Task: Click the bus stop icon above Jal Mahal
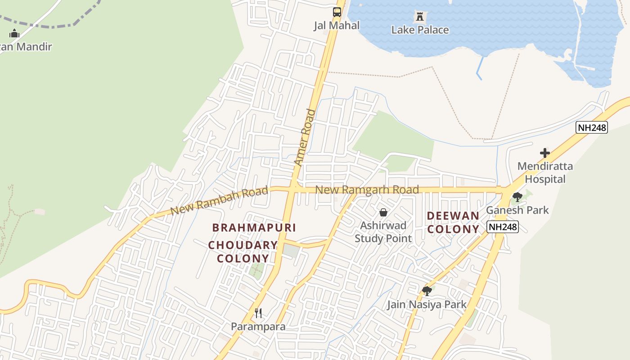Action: click(337, 12)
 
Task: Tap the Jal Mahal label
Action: click(337, 26)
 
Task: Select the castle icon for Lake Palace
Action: click(420, 17)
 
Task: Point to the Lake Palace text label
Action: click(420, 30)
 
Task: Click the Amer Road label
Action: click(305, 137)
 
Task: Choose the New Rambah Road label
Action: click(219, 201)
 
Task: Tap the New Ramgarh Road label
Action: click(367, 190)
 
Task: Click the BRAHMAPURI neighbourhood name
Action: click(254, 228)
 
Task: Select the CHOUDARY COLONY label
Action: click(243, 252)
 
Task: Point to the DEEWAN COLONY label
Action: click(453, 223)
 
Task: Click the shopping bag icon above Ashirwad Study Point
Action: click(383, 212)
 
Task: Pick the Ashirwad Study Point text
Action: click(383, 232)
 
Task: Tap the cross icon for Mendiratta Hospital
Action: click(545, 153)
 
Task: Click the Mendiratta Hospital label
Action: click(545, 173)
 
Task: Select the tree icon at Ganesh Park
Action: click(517, 197)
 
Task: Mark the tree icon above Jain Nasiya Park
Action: click(427, 291)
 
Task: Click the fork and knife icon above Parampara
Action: click(258, 313)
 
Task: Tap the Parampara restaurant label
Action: click(258, 327)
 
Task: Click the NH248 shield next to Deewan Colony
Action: click(503, 227)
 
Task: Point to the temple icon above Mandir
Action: click(14, 33)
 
